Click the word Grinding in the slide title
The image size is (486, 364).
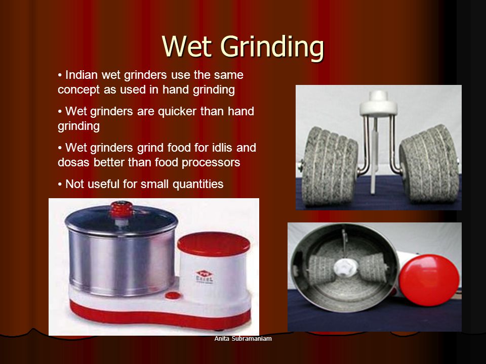272,48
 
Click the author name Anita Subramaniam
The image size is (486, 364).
243,339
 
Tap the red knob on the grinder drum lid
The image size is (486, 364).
121,209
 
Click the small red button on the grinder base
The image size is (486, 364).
173,295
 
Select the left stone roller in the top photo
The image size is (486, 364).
330,166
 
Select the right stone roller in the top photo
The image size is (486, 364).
429,163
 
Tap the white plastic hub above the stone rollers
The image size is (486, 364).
379,104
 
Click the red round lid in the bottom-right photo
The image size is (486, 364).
429,280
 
